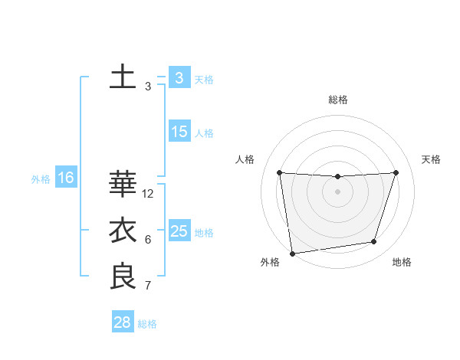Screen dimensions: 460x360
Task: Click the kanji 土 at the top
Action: pyautogui.click(x=123, y=78)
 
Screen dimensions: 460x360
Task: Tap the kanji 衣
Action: pyautogui.click(x=123, y=231)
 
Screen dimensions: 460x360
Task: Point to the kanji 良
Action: pyautogui.click(x=123, y=276)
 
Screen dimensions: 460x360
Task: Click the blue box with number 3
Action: pyautogui.click(x=179, y=78)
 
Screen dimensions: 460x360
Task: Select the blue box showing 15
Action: pyautogui.click(x=179, y=132)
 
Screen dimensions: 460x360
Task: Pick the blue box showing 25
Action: pyautogui.click(x=179, y=231)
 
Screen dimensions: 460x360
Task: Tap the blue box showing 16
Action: pyautogui.click(x=66, y=178)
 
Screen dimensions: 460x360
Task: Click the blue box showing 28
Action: pyautogui.click(x=123, y=322)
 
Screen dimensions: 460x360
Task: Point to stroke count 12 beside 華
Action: pyautogui.click(x=148, y=194)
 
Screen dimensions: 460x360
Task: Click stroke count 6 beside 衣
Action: pyautogui.click(x=148, y=240)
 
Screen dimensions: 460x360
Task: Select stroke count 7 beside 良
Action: pyautogui.click(x=148, y=286)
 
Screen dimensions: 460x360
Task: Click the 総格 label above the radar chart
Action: pyautogui.click(x=338, y=100)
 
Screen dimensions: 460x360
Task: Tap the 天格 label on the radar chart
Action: pyautogui.click(x=432, y=159)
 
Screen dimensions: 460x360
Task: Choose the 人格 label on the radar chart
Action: pyautogui.click(x=244, y=159)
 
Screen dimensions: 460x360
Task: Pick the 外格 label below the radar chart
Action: pyautogui.click(x=270, y=262)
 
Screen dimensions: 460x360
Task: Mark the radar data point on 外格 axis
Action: pyautogui.click(x=292, y=253)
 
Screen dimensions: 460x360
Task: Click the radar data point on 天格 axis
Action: pyautogui.click(x=396, y=172)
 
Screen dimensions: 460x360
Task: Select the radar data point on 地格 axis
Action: pyautogui.click(x=374, y=242)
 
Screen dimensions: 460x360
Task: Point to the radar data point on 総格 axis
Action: pyautogui.click(x=337, y=177)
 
